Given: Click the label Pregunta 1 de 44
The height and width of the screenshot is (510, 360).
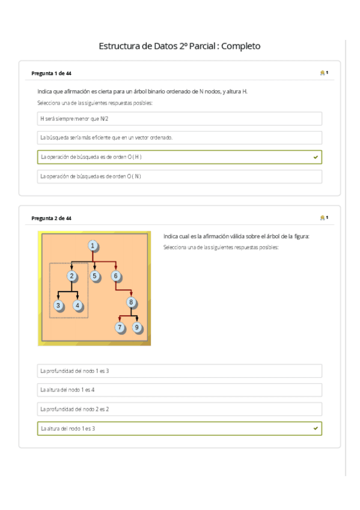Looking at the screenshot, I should [52, 73].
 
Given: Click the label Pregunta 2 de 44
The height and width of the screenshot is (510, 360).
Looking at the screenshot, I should [52, 218].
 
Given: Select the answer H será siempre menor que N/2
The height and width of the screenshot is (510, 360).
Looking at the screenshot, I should [179, 118].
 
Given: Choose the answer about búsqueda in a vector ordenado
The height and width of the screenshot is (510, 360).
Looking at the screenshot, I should [179, 138].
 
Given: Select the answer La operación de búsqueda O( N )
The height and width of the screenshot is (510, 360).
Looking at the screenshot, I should [179, 176].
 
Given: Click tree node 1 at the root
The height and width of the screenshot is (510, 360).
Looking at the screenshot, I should [93, 245].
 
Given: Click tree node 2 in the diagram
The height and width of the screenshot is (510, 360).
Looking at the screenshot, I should [72, 276].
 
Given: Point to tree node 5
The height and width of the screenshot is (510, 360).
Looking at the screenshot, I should [94, 276].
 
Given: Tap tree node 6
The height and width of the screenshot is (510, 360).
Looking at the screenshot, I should [116, 276].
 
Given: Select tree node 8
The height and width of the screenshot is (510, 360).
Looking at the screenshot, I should [132, 303].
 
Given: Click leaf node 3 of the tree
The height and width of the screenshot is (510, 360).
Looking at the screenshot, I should [58, 305].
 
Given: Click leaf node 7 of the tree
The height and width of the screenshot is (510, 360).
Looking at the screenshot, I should [120, 327].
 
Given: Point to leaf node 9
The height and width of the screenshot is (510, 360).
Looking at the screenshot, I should [137, 327].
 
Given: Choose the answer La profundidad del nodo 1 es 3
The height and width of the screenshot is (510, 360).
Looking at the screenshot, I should [179, 370].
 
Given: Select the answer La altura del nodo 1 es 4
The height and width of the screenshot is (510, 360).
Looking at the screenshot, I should [179, 390].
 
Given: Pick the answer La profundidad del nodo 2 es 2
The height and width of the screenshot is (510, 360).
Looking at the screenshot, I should [179, 409].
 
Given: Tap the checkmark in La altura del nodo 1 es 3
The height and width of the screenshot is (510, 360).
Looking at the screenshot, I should [316, 428].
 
